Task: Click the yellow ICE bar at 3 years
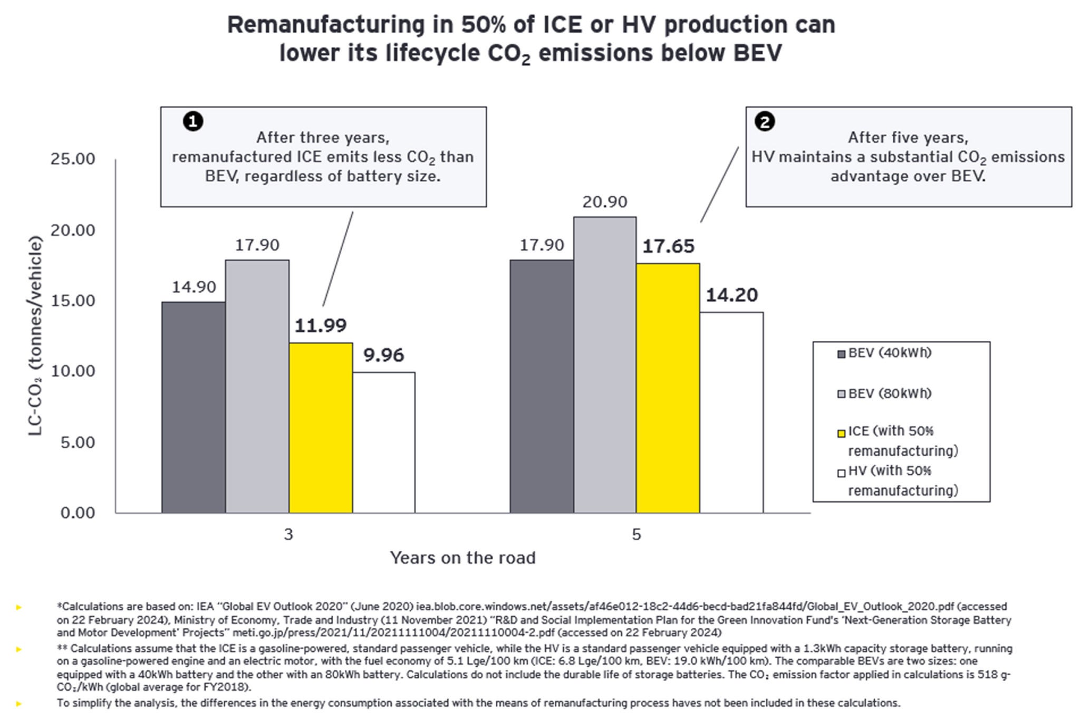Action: [321, 428]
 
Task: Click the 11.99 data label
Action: [321, 326]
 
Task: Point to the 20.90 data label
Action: [605, 202]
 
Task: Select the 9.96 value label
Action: [383, 356]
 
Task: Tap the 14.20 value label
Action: [731, 295]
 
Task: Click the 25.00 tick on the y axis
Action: [73, 159]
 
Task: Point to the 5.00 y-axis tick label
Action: [78, 442]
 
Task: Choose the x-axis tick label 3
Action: [288, 535]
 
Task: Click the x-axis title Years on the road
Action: [462, 558]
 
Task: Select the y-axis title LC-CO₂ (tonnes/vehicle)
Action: [35, 335]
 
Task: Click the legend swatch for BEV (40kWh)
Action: [841, 354]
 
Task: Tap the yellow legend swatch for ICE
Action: [841, 433]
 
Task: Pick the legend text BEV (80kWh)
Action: [890, 393]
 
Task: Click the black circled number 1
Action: [193, 122]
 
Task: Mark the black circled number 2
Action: [765, 122]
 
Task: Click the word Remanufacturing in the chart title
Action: [325, 25]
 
